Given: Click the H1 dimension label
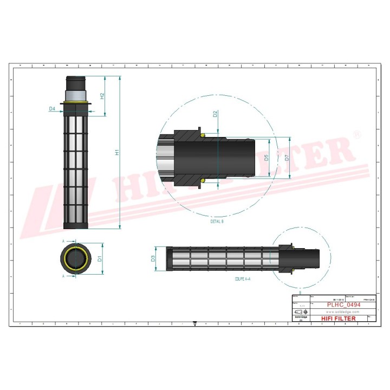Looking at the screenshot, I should [116, 153].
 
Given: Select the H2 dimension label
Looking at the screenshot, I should [102, 96].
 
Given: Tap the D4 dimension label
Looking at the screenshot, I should [53, 109].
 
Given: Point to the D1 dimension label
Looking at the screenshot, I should [100, 259].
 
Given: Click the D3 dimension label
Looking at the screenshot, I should [153, 258].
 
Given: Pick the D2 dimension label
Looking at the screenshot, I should [215, 114].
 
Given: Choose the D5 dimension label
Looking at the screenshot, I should [266, 158].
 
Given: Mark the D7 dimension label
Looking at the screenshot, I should [287, 158].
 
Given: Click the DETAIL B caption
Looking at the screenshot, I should [217, 222].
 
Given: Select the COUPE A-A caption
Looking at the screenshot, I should [242, 279].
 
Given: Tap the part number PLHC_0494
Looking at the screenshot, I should [343, 305].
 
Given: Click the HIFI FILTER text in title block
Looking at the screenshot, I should [339, 318].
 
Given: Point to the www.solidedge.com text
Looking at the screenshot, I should [343, 312].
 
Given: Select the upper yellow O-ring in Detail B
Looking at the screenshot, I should [203, 135].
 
